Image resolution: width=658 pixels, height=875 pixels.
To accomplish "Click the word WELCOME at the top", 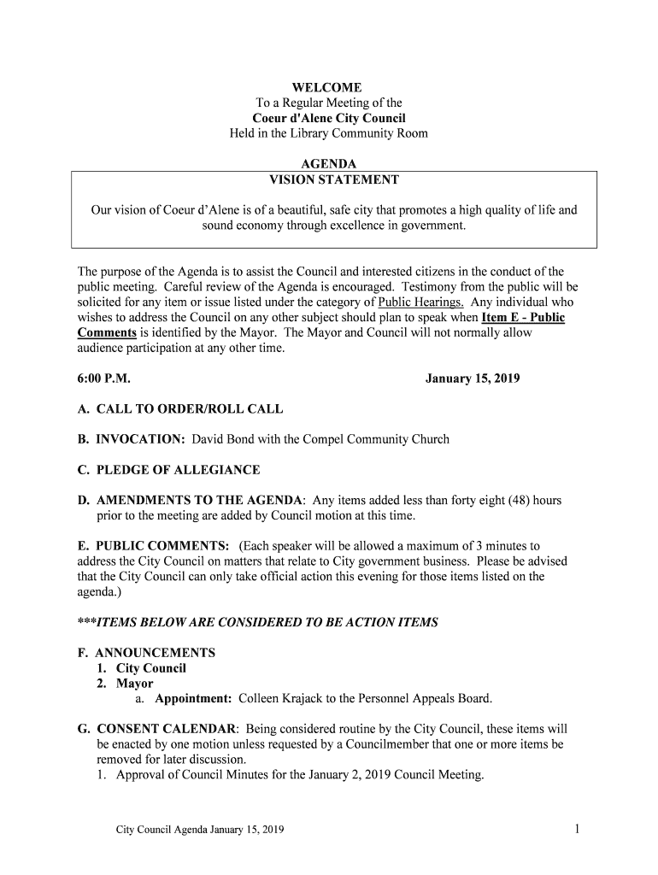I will coord(329,88).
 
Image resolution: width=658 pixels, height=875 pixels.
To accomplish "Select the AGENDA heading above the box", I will coord(329,164).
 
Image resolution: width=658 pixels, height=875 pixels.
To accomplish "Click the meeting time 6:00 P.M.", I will coord(103,379).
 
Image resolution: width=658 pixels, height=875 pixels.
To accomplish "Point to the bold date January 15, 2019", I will coord(473,379).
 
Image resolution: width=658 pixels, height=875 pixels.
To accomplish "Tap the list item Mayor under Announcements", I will coord(135,684).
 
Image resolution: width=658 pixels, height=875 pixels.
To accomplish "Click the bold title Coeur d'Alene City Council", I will coord(329,119).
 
